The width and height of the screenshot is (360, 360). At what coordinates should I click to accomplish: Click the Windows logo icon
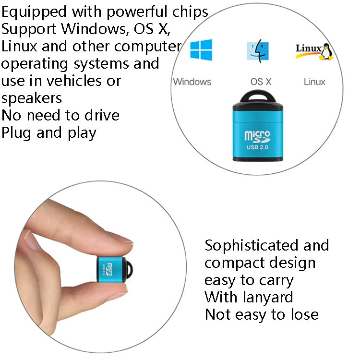pos(201,49)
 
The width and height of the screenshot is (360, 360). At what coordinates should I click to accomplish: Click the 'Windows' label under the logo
pos(192,82)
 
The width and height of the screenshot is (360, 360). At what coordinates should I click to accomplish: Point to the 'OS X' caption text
pos(261,82)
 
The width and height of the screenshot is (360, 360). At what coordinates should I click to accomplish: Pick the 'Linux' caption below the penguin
pos(314,82)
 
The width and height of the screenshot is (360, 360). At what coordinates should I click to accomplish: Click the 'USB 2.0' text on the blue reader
pos(257,147)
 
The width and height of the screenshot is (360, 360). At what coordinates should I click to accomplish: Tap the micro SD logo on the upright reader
pos(257,135)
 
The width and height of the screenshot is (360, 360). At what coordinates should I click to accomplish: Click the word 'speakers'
pos(32,98)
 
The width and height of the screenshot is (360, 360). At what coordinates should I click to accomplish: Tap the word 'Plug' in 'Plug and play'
pos(17,132)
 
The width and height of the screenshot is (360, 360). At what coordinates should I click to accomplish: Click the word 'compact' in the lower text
pos(234,263)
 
